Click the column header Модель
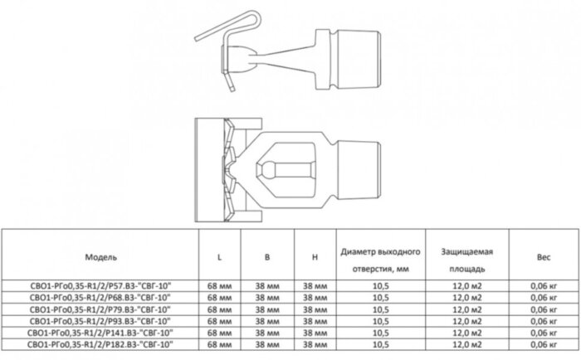coord(105,257)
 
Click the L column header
coord(219,257)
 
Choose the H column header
coord(315,257)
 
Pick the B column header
coord(267,257)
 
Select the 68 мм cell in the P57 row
coord(219,285)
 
